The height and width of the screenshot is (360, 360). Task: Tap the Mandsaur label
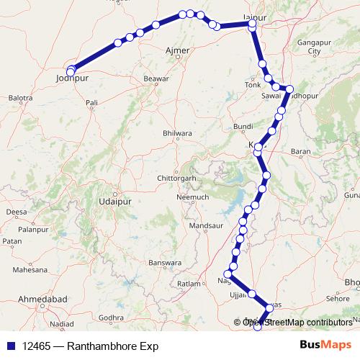(203, 225)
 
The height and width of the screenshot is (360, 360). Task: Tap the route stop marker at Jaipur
(252, 24)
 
